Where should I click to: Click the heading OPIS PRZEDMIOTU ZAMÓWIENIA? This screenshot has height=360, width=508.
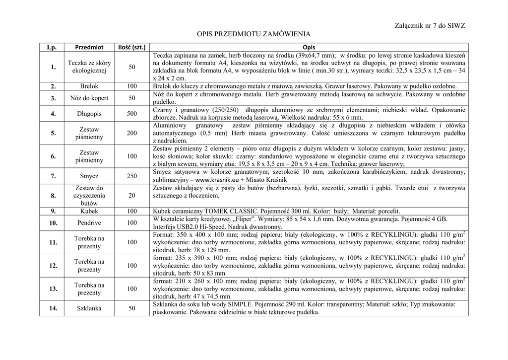click(254, 34)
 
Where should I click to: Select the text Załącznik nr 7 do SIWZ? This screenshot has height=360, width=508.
click(430, 25)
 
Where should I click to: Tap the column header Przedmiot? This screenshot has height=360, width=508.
click(89, 47)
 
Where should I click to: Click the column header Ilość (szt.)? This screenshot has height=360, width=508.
click(131, 47)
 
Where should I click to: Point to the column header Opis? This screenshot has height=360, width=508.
click(309, 47)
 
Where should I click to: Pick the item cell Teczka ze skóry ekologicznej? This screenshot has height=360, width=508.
click(89, 67)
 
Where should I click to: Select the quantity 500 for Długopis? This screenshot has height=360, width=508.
click(131, 114)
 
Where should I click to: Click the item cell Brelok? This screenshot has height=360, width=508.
click(89, 86)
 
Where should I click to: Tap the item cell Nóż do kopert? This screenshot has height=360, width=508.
click(89, 98)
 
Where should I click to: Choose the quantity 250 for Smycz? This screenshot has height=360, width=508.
click(131, 176)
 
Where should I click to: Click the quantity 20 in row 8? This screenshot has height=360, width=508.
click(131, 196)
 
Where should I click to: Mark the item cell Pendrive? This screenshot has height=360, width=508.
click(89, 223)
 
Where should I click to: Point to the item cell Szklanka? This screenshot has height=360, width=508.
click(89, 308)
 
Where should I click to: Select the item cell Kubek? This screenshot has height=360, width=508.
click(89, 211)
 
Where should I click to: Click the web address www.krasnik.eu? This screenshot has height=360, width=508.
click(217, 180)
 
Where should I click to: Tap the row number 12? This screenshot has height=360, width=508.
click(53, 266)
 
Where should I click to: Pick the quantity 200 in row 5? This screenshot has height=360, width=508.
click(131, 133)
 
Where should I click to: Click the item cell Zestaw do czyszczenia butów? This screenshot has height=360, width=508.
click(89, 196)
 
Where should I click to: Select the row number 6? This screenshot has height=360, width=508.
click(53, 156)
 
